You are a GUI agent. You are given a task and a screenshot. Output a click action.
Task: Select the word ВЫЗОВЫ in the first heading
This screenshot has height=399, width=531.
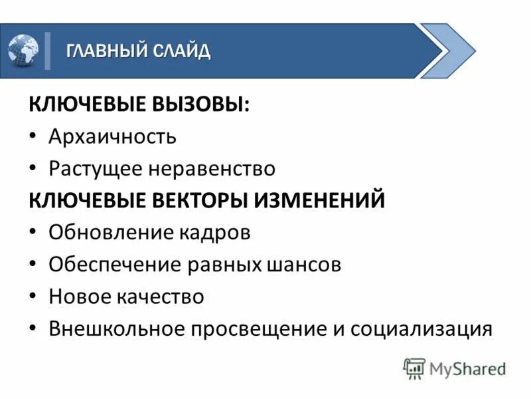[202, 105]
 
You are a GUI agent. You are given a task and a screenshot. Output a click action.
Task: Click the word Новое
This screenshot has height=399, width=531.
[76, 297]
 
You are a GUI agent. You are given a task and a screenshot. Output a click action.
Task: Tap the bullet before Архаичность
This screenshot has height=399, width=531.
[33, 138]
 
